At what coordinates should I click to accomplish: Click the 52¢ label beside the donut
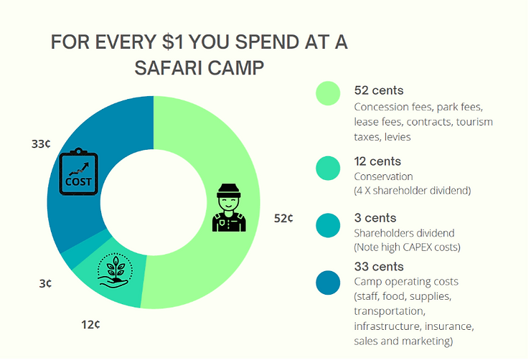pyautogui.click(x=283, y=218)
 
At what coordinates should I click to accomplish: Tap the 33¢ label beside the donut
pyautogui.click(x=41, y=144)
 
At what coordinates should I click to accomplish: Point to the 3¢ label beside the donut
pyautogui.click(x=45, y=283)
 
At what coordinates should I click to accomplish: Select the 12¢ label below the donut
pyautogui.click(x=90, y=324)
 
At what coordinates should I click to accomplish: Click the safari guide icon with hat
pyautogui.click(x=229, y=208)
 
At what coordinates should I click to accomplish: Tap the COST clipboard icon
pyautogui.click(x=78, y=171)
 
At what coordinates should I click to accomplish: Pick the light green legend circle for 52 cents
pyautogui.click(x=328, y=93)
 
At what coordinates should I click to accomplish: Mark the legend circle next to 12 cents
pyautogui.click(x=328, y=167)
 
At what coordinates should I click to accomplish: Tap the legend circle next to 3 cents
pyautogui.click(x=328, y=224)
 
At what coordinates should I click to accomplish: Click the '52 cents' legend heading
pyautogui.click(x=379, y=90)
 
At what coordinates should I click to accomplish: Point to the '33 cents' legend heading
pyautogui.click(x=379, y=267)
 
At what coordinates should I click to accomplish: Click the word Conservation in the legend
pyautogui.click(x=384, y=176)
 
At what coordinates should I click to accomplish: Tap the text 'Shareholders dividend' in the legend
pyautogui.click(x=405, y=233)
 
